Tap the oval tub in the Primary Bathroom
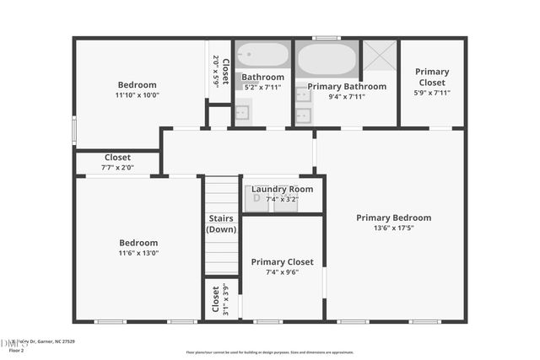[327, 59]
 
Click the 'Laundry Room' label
[282, 189]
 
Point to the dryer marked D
[256, 198]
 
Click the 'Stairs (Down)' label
[222, 223]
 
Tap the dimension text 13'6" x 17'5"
[393, 228]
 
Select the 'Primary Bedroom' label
[393, 218]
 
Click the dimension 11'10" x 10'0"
[137, 95]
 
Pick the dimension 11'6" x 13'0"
[138, 253]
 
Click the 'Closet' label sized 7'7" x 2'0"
[117, 157]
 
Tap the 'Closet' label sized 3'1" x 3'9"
[216, 298]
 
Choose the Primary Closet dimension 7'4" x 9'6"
[282, 271]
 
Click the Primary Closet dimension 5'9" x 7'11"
[432, 92]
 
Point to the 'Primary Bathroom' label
[347, 86]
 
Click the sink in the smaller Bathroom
[242, 110]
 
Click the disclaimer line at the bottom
[269, 352]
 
